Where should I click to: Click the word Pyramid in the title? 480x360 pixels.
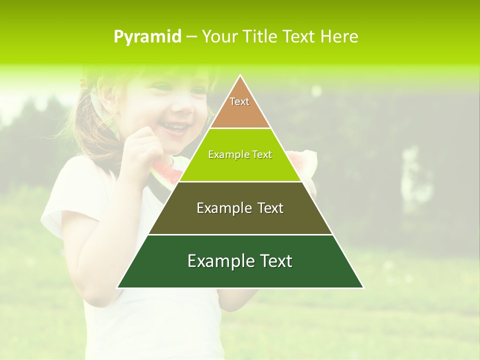(147, 36)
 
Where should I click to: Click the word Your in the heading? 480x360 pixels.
(219, 36)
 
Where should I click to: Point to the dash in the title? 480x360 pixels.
(191, 37)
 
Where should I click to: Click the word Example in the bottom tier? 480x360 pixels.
(218, 261)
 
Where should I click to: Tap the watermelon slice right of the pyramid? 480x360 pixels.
(303, 160)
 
